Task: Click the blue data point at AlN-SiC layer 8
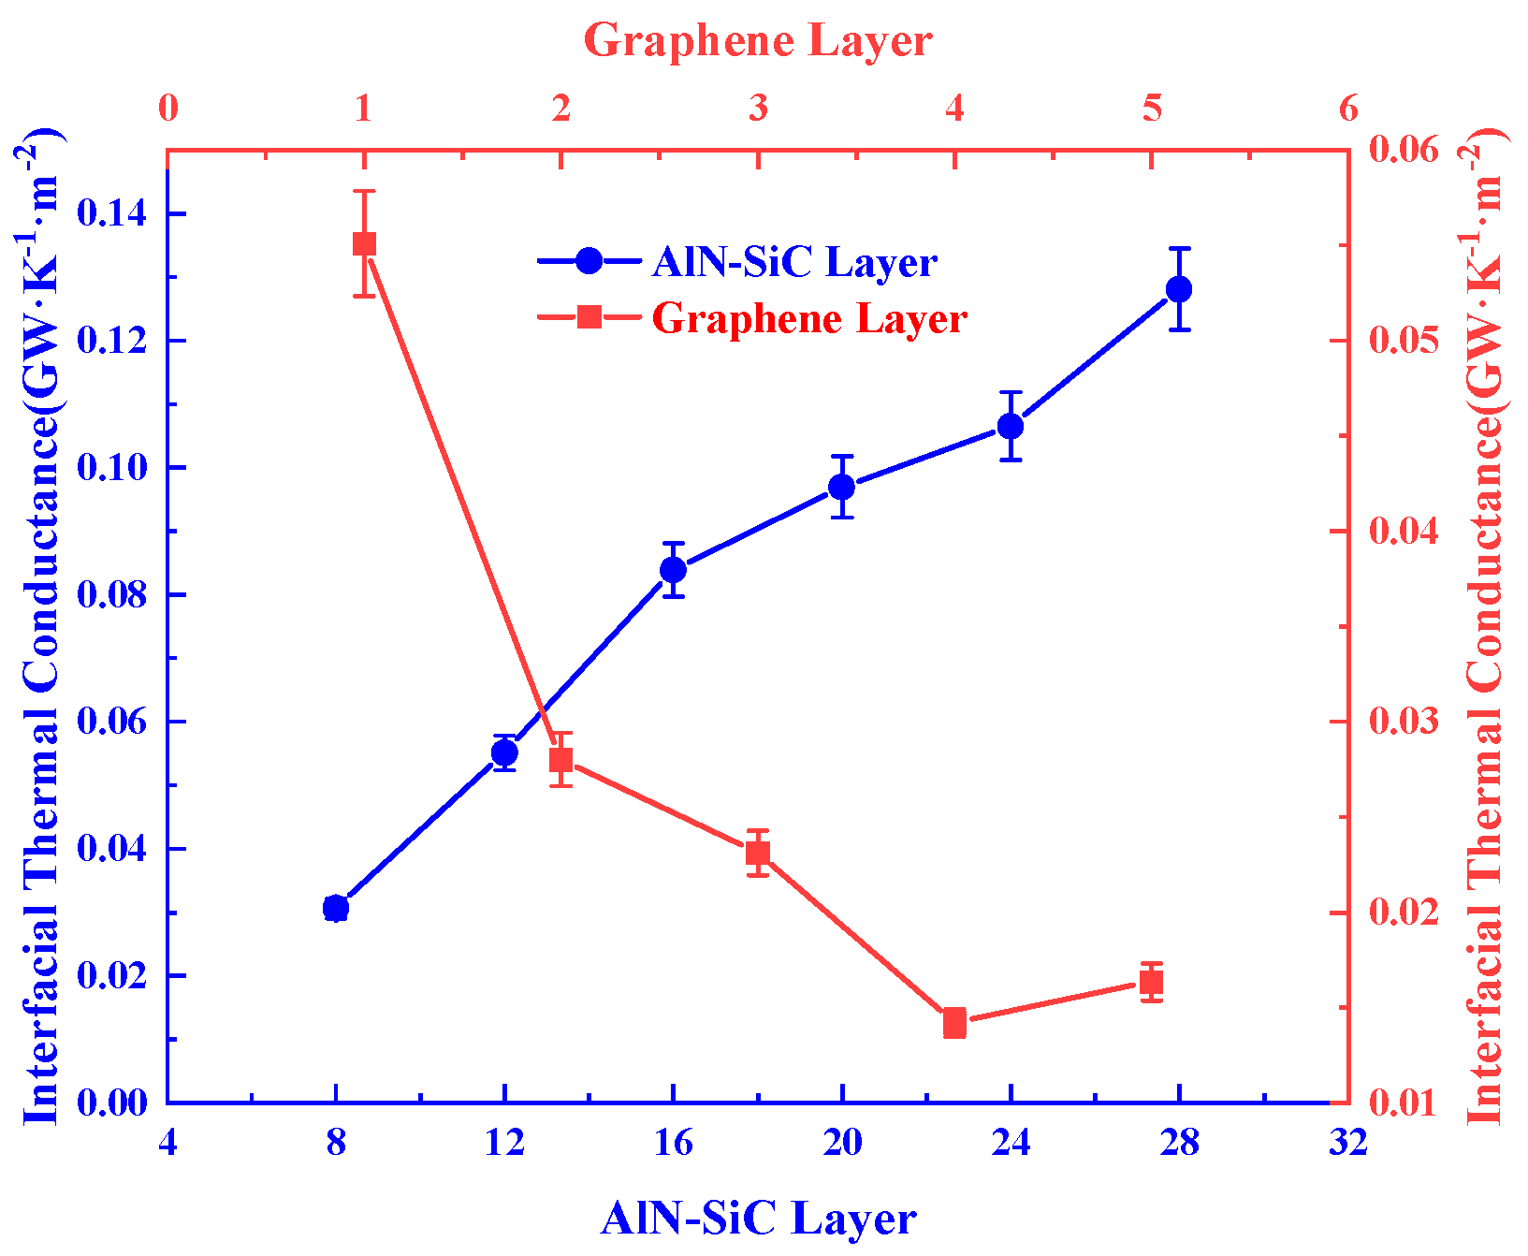pyautogui.click(x=336, y=908)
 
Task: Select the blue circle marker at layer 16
pyautogui.click(x=673, y=570)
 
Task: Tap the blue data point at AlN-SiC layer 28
pyautogui.click(x=1179, y=289)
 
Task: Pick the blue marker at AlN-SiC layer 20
pyautogui.click(x=842, y=487)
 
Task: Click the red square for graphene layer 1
pyautogui.click(x=364, y=244)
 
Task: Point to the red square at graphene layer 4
pyautogui.click(x=954, y=1023)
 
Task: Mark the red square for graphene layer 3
pyautogui.click(x=758, y=853)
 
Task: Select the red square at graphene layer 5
pyautogui.click(x=1152, y=983)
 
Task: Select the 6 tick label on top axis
pyautogui.click(x=1347, y=110)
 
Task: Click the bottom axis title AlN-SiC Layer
pyautogui.click(x=758, y=1219)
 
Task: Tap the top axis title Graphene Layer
pyautogui.click(x=758, y=41)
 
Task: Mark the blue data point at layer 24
pyautogui.click(x=1011, y=426)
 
